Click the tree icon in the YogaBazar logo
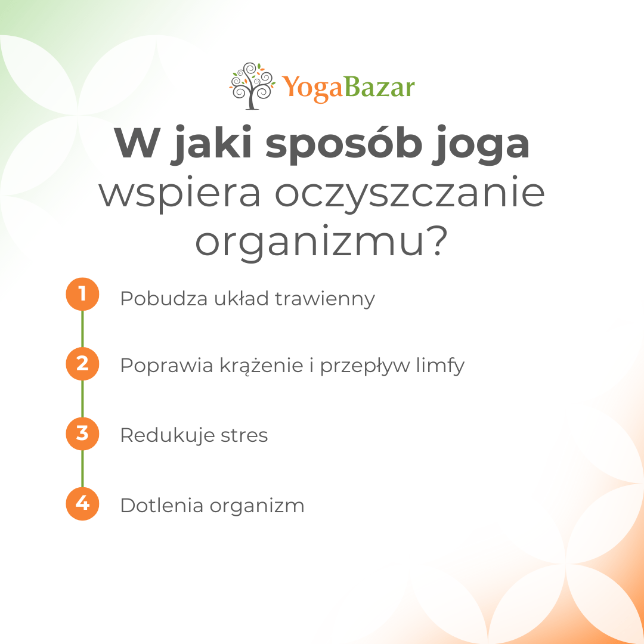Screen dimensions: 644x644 click(252, 86)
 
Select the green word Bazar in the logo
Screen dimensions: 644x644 click(379, 87)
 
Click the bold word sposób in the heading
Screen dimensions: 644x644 click(344, 144)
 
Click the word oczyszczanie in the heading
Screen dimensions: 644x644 click(410, 193)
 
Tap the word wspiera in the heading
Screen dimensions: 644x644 click(180, 194)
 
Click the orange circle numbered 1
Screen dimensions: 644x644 click(82, 294)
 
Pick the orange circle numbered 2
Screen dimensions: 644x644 click(82, 364)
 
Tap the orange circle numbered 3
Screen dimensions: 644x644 click(82, 434)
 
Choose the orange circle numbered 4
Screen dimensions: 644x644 click(82, 504)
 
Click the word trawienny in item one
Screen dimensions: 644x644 click(325, 299)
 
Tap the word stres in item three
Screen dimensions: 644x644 click(244, 435)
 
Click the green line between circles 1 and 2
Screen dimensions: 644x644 click(82, 329)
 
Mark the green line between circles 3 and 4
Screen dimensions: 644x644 click(82, 469)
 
